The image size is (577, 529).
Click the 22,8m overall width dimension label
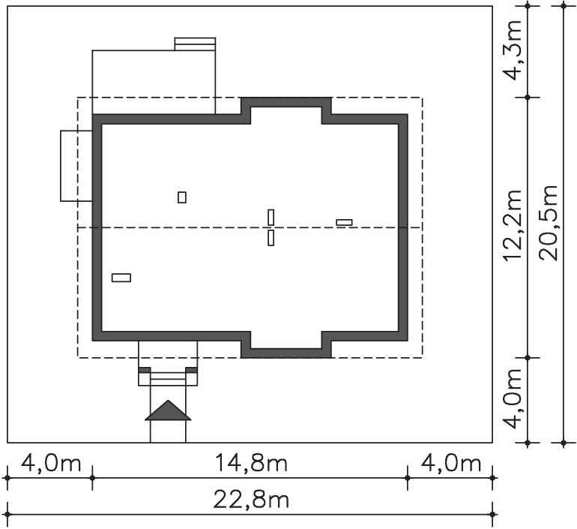click(251, 500)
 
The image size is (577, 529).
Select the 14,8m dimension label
click(251, 463)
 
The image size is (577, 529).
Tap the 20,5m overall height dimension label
click(549, 223)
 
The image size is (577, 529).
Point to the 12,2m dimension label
click(513, 225)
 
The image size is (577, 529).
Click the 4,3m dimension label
click(513, 50)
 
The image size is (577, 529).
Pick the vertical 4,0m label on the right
click(513, 399)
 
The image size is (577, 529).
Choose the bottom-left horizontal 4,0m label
click(51, 463)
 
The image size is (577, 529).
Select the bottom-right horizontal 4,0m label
click(451, 463)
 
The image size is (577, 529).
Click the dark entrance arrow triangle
click(168, 410)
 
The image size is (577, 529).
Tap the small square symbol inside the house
click(182, 197)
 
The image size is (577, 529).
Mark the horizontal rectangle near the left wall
click(121, 278)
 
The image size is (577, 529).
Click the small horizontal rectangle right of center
click(344, 223)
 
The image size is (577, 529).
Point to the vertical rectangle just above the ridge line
click(271, 218)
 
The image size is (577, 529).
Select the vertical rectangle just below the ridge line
click(271, 238)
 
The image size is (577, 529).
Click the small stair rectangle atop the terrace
click(195, 44)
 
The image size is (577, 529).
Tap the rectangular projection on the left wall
click(76, 166)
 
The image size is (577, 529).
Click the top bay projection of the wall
click(286, 102)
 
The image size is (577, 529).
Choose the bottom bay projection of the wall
click(286, 353)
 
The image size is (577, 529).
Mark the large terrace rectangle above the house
click(154, 82)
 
